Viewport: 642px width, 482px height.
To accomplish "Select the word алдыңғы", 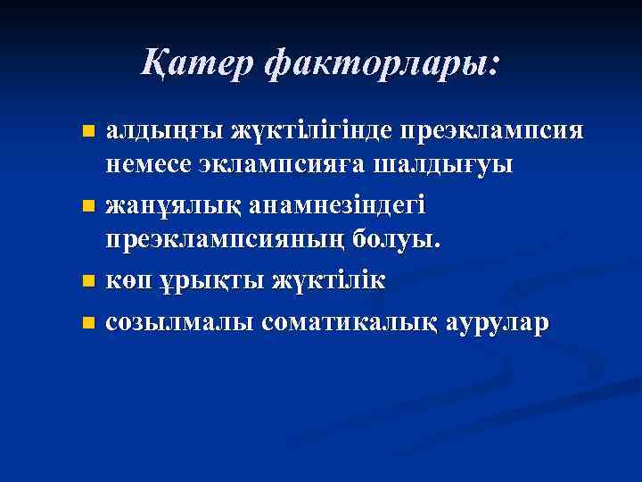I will (164, 133).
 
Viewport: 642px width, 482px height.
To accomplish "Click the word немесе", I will (152, 166).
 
